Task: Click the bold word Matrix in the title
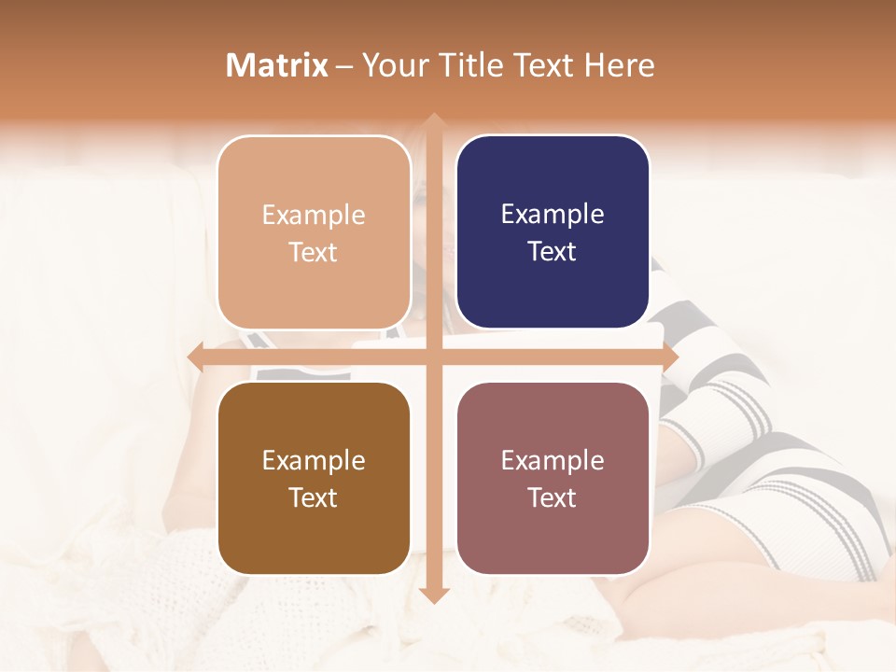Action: tap(277, 65)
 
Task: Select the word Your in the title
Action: tap(390, 65)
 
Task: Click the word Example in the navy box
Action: tap(553, 215)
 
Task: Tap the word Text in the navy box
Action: tap(553, 252)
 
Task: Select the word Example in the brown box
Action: tap(314, 460)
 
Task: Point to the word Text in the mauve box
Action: tap(553, 497)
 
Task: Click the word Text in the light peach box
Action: tap(314, 252)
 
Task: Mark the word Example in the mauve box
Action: tap(553, 460)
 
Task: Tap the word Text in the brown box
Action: tap(314, 497)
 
